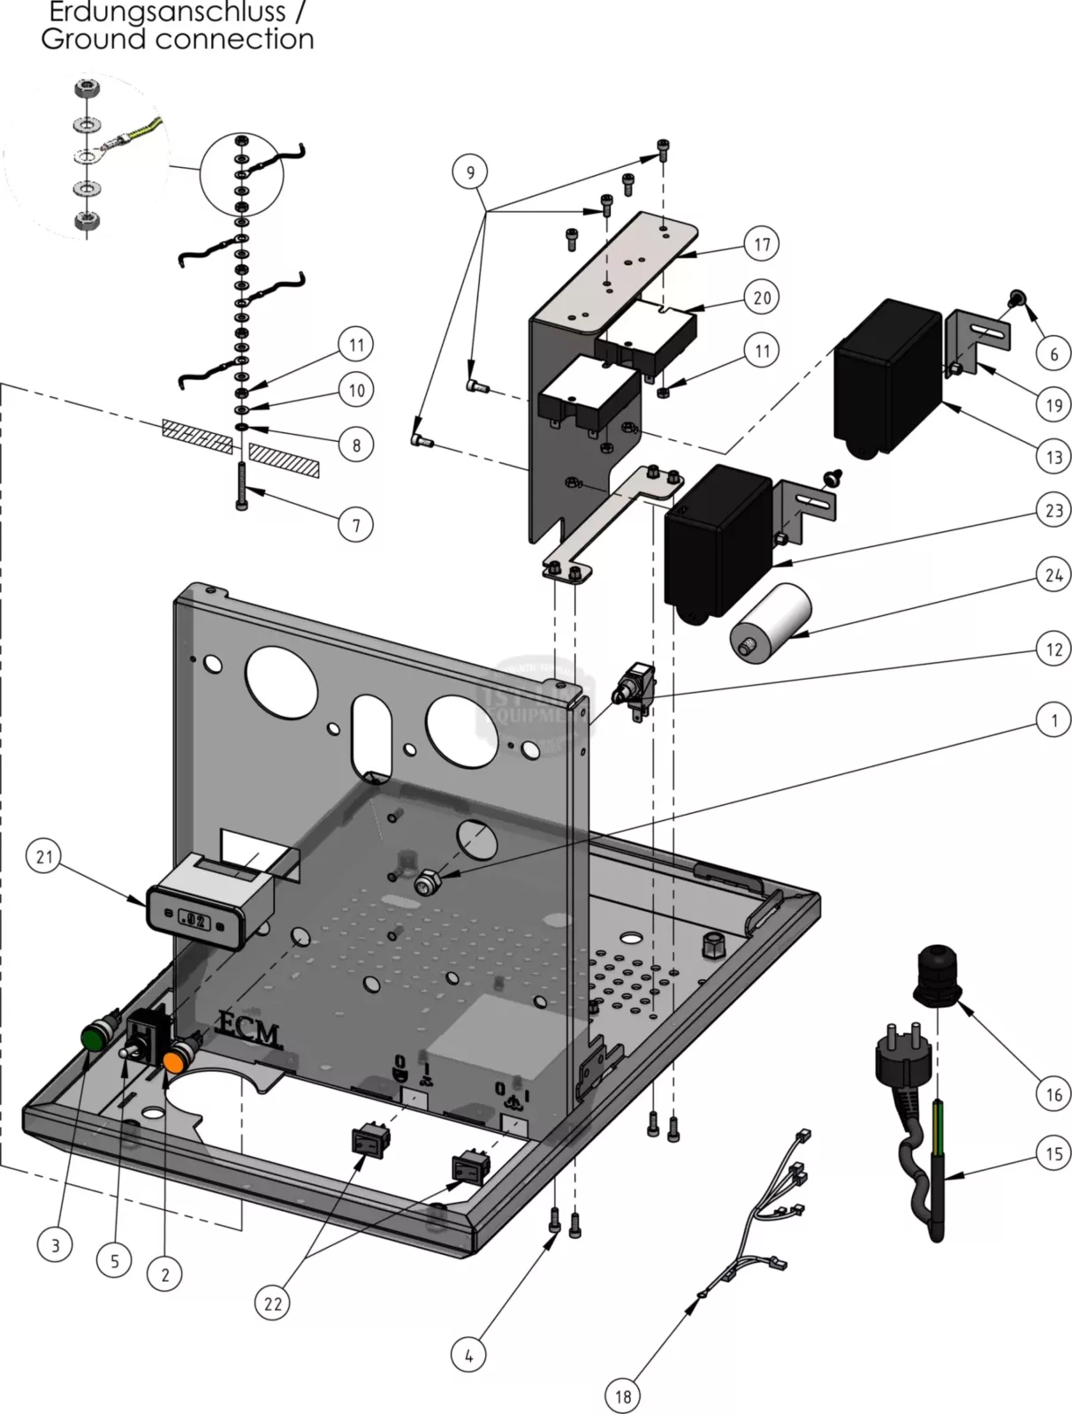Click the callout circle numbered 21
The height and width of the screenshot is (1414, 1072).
coord(45,856)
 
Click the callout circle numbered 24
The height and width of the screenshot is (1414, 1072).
coord(1053,575)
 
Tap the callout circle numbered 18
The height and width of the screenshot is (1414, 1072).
coord(623,1395)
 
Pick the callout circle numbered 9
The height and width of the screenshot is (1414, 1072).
coord(470,171)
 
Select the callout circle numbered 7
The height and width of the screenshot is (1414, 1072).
coord(356,525)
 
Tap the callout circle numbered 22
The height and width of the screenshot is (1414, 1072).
coord(273,1303)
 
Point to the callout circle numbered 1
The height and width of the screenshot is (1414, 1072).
coord(1053,721)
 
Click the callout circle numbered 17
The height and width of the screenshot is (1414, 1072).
coord(762,244)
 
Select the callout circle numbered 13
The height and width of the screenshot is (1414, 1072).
coord(1053,457)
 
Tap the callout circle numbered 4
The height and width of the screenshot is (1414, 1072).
coord(468,1355)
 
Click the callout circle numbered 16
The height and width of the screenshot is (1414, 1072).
coord(1053,1095)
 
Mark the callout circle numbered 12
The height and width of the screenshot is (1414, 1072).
coord(1053,650)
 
